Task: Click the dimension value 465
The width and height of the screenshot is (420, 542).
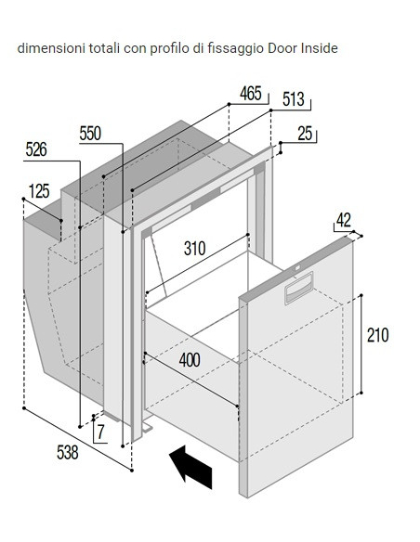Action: [251, 94]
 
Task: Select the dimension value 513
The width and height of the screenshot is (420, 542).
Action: [294, 99]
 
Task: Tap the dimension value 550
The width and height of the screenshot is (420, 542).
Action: [90, 134]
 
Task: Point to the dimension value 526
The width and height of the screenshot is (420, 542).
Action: [36, 149]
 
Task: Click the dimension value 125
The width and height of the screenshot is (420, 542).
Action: [39, 191]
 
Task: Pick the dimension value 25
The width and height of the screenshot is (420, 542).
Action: [305, 134]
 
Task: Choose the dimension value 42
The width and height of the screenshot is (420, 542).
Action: [344, 220]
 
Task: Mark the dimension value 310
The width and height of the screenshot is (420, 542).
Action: [195, 248]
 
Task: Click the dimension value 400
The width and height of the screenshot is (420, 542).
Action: [190, 360]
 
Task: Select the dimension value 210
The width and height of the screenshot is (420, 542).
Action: [378, 335]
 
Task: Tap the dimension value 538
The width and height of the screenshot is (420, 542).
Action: [68, 453]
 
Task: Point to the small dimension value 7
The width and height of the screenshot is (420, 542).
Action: [100, 432]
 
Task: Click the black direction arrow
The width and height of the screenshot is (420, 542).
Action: [191, 468]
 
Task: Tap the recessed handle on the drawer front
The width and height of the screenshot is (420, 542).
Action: [299, 289]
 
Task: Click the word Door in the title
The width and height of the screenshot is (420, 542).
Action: [282, 48]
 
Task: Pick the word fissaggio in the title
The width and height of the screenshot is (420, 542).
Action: [236, 49]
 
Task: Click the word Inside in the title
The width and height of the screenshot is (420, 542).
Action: [320, 48]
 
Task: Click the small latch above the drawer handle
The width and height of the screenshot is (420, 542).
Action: [297, 267]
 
